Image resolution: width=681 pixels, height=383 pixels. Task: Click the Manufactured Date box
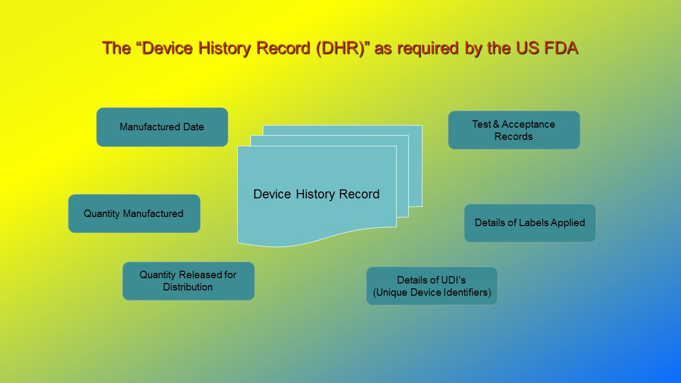[162, 127]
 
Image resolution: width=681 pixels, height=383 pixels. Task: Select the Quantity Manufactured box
[134, 213]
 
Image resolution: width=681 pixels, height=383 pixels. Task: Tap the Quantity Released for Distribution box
[188, 281]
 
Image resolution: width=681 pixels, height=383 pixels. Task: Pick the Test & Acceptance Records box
[514, 130]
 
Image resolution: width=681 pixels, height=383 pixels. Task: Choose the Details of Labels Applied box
[530, 223]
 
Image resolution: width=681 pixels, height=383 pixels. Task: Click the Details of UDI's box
[431, 286]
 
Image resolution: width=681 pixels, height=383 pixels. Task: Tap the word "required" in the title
[428, 48]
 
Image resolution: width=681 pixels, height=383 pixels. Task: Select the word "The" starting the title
[117, 48]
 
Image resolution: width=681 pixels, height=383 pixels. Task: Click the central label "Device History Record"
[317, 194]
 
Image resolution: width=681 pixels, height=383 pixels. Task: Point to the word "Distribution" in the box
[188, 287]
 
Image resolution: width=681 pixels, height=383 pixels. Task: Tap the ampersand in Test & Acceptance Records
[496, 124]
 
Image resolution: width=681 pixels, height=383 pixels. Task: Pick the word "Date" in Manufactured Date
[193, 127]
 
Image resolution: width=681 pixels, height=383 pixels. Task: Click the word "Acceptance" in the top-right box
[528, 124]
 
